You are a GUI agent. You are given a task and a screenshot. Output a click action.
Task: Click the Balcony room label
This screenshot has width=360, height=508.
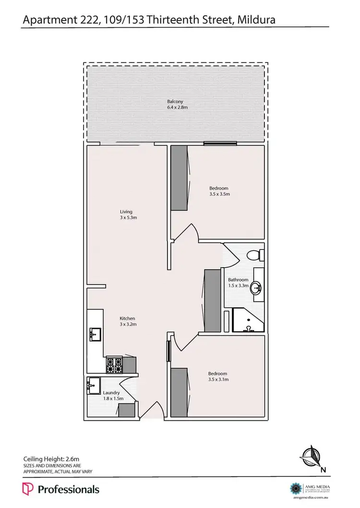tap(175, 102)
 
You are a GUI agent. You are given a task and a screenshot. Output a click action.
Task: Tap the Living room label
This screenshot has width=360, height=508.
tap(126, 212)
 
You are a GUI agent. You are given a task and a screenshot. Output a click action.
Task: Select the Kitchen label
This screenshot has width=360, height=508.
tap(127, 319)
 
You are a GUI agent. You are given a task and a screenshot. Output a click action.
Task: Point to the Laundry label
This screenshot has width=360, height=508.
tap(111, 393)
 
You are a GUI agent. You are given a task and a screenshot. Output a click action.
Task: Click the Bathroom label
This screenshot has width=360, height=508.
tap(238, 280)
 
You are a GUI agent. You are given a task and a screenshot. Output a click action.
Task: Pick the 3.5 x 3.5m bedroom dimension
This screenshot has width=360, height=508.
tap(219, 194)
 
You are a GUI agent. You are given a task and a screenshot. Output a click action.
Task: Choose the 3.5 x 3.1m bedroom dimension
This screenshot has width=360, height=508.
tap(218, 379)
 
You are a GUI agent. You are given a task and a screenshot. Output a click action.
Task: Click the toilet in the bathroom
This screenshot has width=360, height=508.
tap(253, 254)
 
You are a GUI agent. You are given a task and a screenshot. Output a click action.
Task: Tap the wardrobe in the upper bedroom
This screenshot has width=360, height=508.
tap(179, 178)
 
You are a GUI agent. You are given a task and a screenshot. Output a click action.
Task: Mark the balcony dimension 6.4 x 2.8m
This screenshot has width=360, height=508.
tap(175, 107)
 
